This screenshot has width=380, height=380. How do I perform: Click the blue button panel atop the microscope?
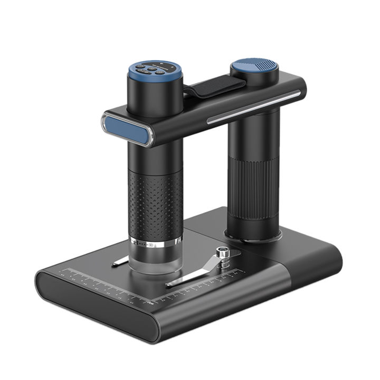tap(154, 69)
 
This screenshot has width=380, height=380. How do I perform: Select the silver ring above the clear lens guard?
tap(156, 244)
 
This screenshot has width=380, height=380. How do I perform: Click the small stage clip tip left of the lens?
tap(120, 260)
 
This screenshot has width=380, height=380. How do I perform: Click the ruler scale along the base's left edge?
tap(100, 286)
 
